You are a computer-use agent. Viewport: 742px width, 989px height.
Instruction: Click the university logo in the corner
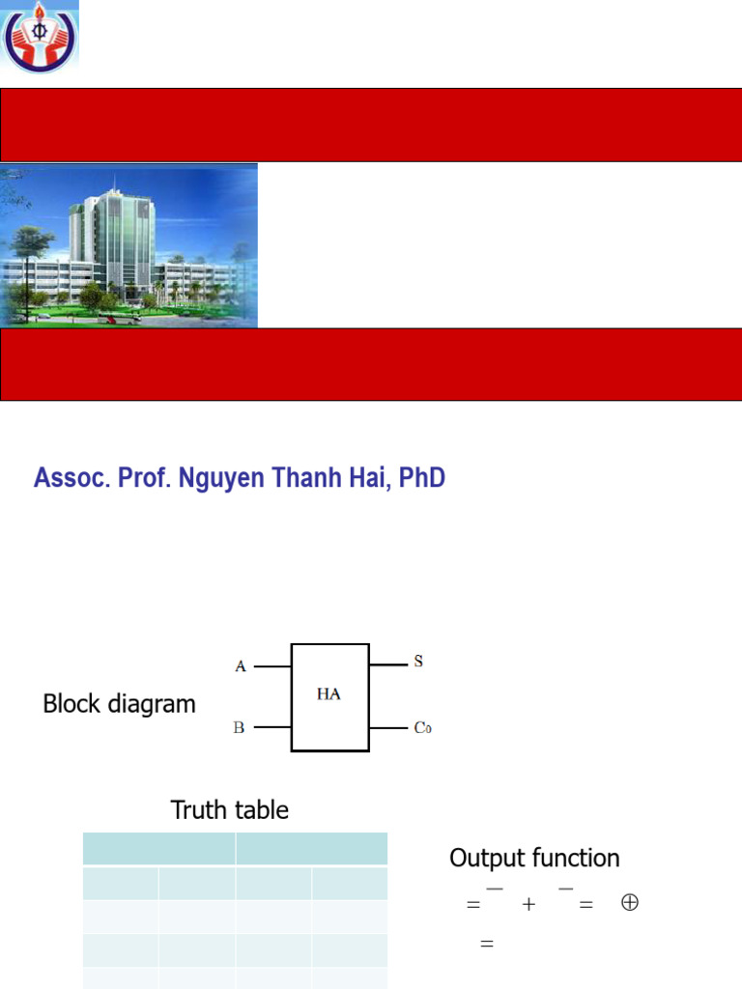[x=40, y=38]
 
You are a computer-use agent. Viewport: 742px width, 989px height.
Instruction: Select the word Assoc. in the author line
[x=67, y=478]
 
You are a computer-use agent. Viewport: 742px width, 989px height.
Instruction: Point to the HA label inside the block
[x=328, y=694]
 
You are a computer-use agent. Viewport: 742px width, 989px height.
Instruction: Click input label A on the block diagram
[x=241, y=665]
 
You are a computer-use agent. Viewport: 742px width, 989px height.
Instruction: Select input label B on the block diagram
[x=240, y=727]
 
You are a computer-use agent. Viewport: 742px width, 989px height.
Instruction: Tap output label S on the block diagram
[x=418, y=663]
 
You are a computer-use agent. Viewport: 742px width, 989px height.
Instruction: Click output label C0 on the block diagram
[x=422, y=728]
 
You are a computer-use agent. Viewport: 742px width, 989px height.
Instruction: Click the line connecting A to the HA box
[x=273, y=666]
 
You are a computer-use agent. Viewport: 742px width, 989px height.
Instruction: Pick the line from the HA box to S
[x=387, y=664]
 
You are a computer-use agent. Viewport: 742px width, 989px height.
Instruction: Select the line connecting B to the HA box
[x=273, y=727]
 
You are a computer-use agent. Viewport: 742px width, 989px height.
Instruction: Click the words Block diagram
[x=119, y=704]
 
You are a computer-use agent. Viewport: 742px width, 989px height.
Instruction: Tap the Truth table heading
[x=230, y=810]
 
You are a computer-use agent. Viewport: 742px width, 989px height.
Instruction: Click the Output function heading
[x=534, y=858]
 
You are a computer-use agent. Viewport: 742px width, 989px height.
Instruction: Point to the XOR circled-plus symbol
[x=629, y=903]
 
